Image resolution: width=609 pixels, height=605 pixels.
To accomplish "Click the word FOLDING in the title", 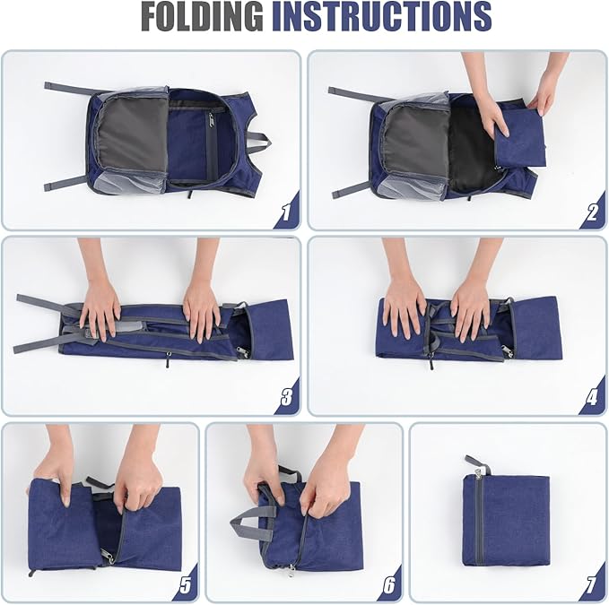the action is [203, 16].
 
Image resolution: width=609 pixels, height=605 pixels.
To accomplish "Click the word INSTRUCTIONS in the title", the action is [381, 16].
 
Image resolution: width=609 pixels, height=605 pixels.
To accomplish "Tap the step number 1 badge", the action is [286, 212].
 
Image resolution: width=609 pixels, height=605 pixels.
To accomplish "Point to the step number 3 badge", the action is [286, 397].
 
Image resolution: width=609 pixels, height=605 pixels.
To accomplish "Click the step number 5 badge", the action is [186, 584].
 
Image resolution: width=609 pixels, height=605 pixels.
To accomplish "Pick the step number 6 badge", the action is [388, 584].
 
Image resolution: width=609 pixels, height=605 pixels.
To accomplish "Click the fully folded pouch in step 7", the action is [506, 521].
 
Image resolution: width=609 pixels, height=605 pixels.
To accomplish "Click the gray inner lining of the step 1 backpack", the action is [132, 134].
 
